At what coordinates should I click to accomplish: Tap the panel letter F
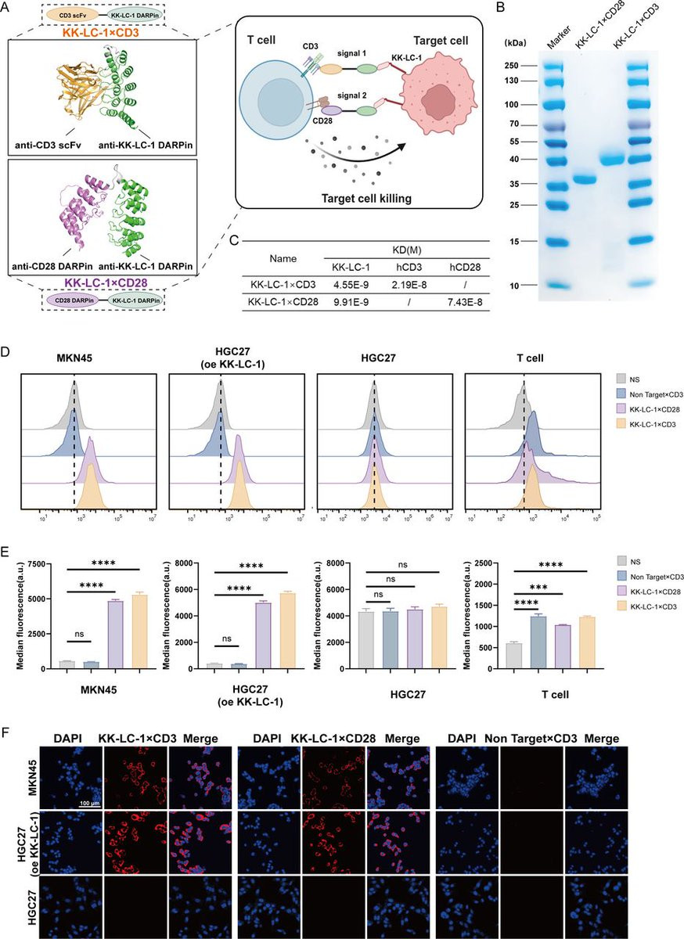(x=7, y=736)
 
